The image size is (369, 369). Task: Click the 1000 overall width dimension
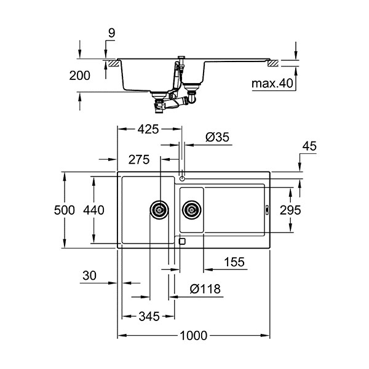click(x=194, y=336)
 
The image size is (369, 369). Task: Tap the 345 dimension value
click(x=149, y=317)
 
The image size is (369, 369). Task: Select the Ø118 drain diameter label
click(x=205, y=289)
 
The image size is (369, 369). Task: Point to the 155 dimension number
click(x=234, y=262)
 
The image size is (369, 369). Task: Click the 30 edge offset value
click(x=89, y=276)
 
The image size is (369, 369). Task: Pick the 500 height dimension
click(x=65, y=210)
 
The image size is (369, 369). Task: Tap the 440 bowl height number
click(x=93, y=210)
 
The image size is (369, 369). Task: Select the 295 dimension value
click(x=290, y=210)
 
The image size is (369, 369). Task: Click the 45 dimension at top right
click(x=309, y=146)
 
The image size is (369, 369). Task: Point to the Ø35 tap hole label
click(x=217, y=137)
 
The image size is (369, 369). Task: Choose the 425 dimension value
click(x=148, y=129)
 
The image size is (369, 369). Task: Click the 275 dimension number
click(x=139, y=159)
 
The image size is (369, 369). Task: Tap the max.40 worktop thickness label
click(x=272, y=83)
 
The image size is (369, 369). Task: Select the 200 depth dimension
click(x=80, y=76)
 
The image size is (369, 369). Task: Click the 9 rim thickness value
click(x=112, y=33)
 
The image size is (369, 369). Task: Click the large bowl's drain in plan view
click(x=159, y=210)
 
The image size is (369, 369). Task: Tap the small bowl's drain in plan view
click(x=192, y=210)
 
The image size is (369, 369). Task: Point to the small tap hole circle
click(x=182, y=179)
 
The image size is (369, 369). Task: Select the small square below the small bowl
click(x=182, y=242)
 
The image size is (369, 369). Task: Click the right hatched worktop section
click(x=273, y=63)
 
